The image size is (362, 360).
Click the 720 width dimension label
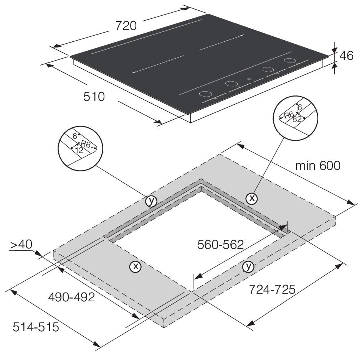click(126, 26)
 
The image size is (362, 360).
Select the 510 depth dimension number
click(94, 97)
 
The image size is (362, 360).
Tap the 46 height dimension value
click(346, 56)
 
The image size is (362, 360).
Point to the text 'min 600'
click(318, 166)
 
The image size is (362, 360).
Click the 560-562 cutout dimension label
click(220, 245)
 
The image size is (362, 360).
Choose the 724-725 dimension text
click(272, 289)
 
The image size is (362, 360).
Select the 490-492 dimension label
click(71, 297)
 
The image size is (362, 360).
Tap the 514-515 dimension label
click(36, 327)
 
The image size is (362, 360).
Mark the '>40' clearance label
click(21, 245)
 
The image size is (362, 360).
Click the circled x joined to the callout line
click(252, 198)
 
